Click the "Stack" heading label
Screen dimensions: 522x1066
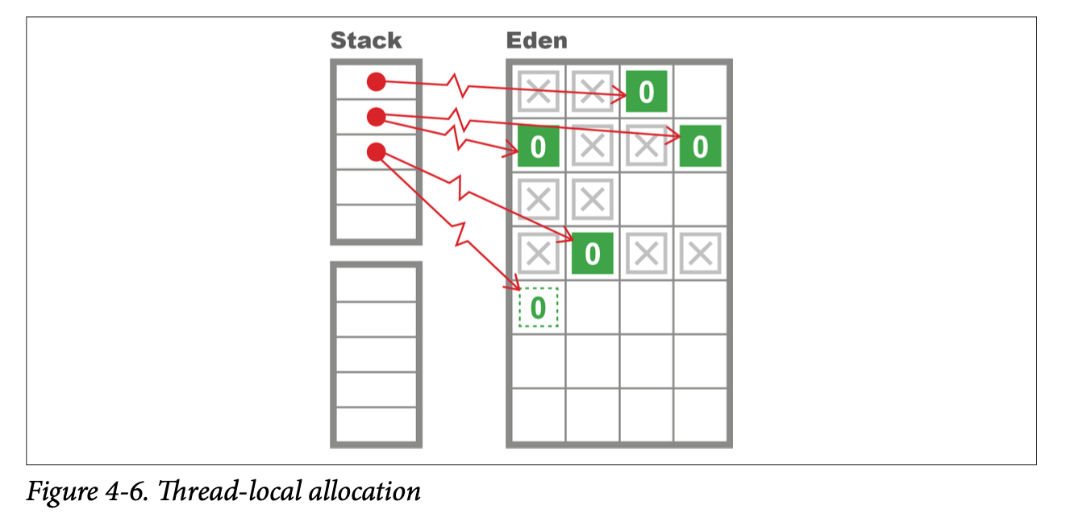(365, 40)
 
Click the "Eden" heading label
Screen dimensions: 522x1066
(536, 40)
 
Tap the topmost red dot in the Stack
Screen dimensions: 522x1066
(376, 81)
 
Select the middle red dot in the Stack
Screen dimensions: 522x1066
(376, 117)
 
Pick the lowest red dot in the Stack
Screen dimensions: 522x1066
(376, 151)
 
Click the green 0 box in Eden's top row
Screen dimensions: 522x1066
(646, 92)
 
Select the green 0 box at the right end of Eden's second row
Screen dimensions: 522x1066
(700, 146)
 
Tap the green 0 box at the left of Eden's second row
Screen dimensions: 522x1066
(538, 146)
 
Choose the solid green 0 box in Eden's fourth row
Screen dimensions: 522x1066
(592, 254)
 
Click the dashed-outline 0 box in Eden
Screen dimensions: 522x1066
(538, 308)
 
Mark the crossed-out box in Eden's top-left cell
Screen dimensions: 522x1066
(538, 92)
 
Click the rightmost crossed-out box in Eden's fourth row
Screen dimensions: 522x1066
(700, 254)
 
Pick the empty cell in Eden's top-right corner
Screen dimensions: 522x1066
(700, 92)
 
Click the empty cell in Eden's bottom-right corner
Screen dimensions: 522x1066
(700, 415)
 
